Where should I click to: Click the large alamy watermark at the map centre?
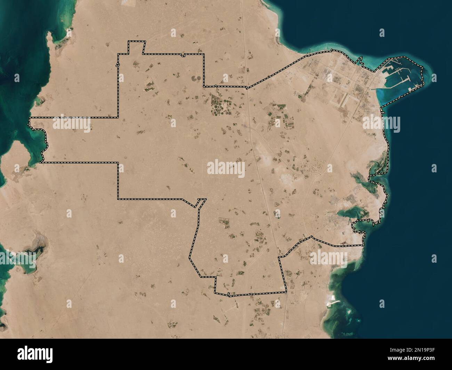click(x=226, y=168)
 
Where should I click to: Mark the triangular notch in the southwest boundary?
click(x=200, y=203)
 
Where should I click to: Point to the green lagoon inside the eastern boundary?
click(x=349, y=214)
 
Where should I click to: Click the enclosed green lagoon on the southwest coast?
click(x=26, y=257)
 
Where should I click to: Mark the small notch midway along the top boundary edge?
click(x=182, y=55)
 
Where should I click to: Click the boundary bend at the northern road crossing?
click(x=247, y=88)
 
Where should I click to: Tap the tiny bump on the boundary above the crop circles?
click(x=216, y=86)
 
